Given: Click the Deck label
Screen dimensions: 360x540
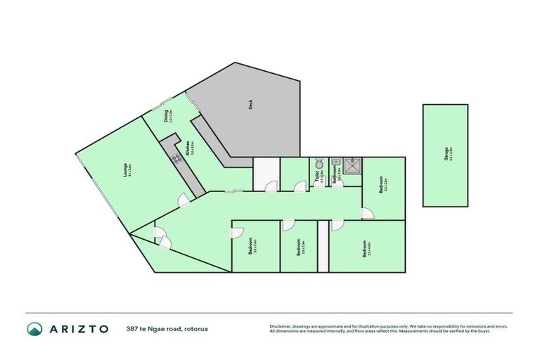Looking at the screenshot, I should (250, 105).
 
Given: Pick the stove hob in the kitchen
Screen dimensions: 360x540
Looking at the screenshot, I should (177, 158).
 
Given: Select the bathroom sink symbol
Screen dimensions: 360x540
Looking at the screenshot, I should (336, 160).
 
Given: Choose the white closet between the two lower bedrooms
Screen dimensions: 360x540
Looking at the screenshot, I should (323, 246).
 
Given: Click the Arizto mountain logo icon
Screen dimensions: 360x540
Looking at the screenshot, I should (34, 328).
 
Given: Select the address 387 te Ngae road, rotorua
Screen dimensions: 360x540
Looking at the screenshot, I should (167, 328).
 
